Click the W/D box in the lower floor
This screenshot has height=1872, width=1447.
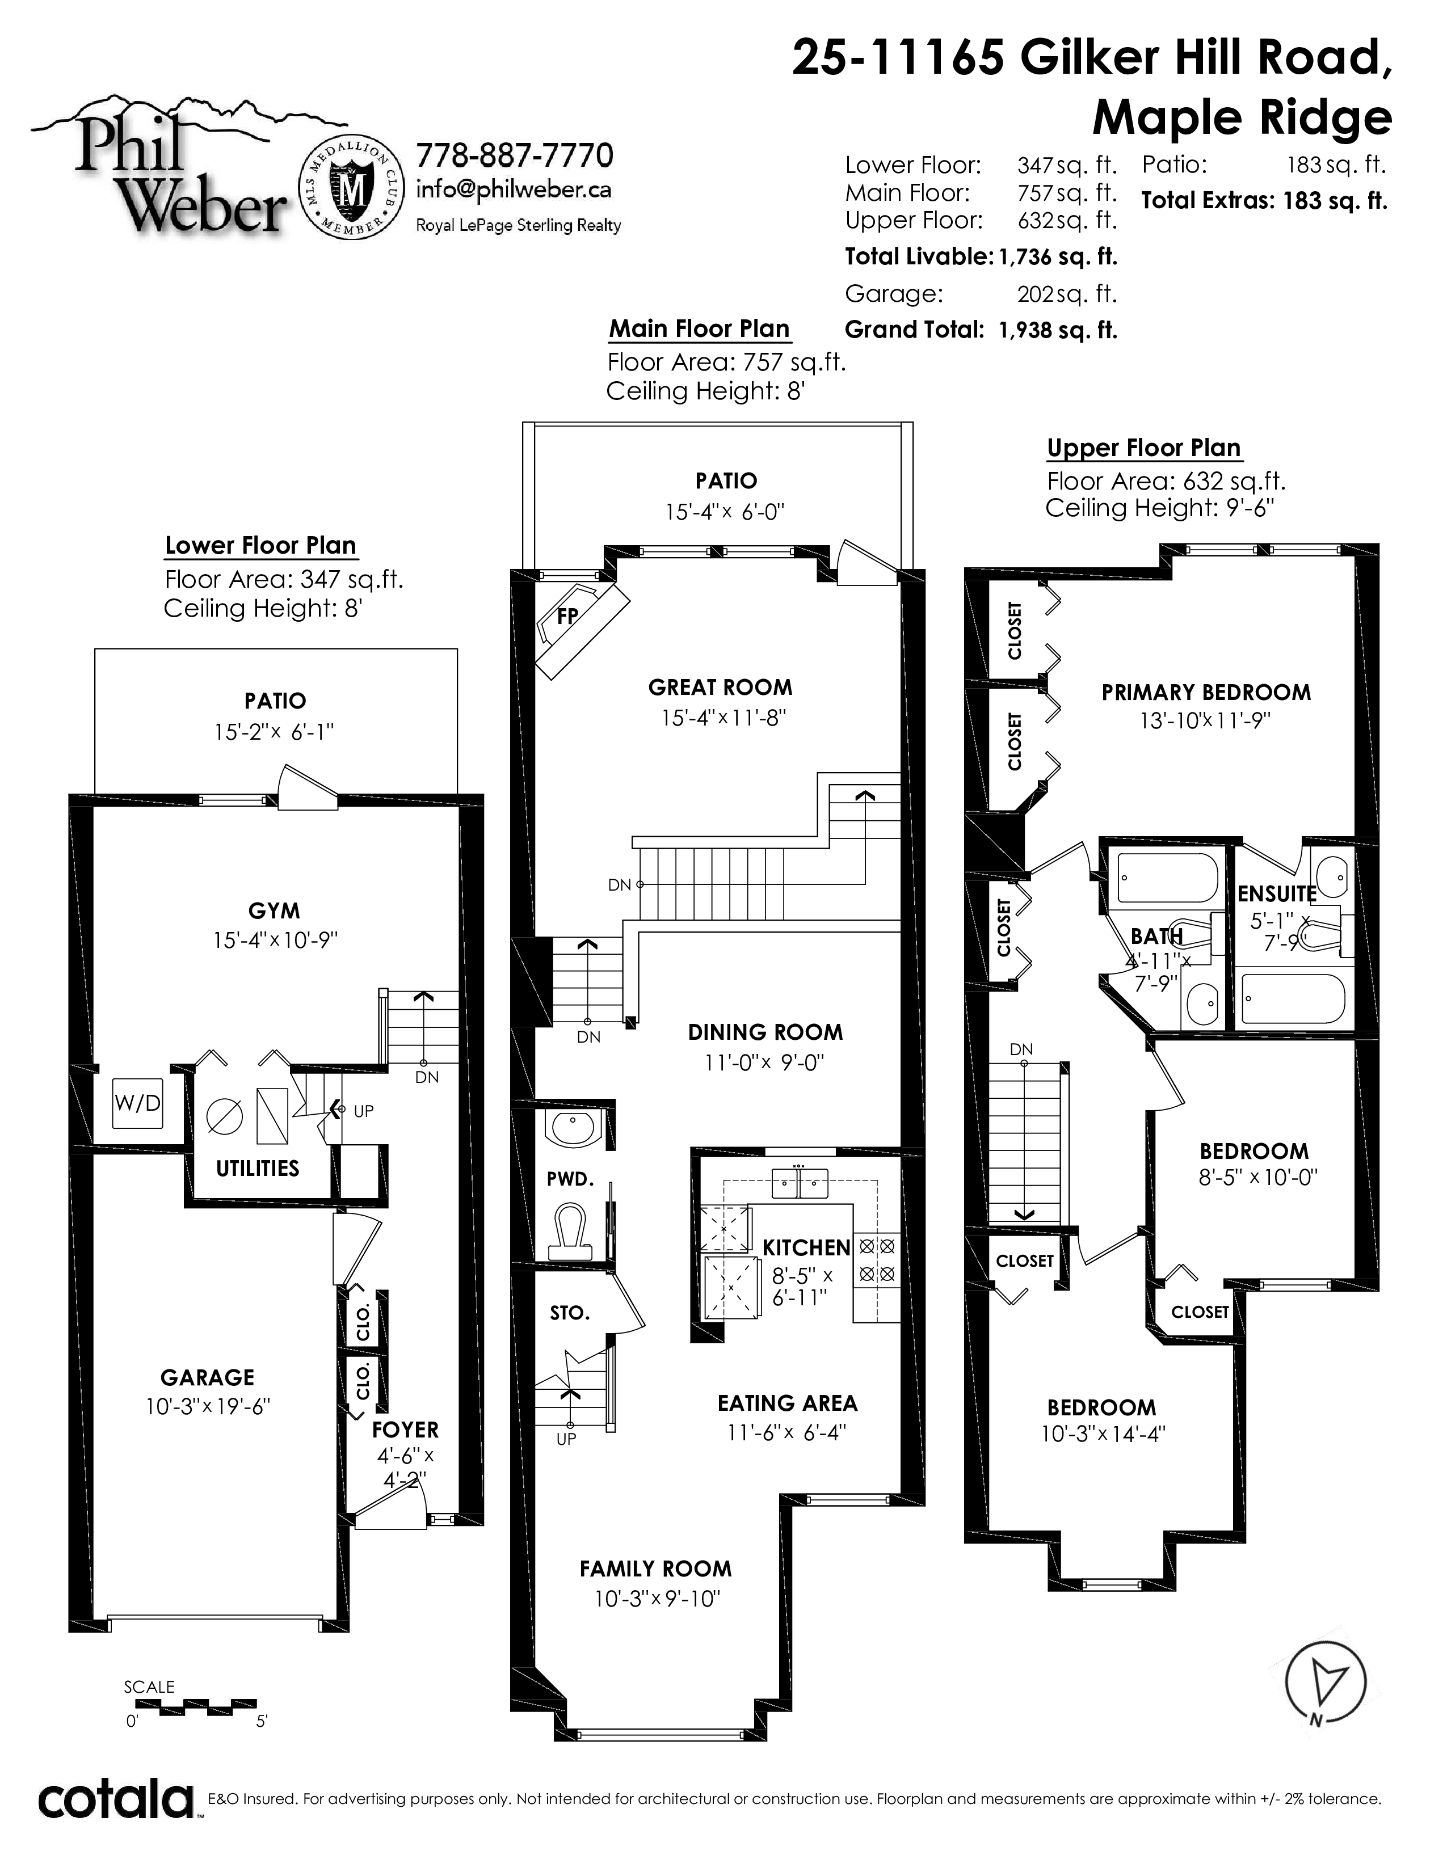click(137, 1103)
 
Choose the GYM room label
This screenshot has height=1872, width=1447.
click(274, 910)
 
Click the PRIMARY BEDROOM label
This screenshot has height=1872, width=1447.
click(1206, 693)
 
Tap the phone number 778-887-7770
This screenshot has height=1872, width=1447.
click(514, 155)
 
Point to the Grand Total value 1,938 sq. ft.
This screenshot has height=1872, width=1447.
click(1058, 330)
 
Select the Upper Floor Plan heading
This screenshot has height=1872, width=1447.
click(1143, 448)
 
